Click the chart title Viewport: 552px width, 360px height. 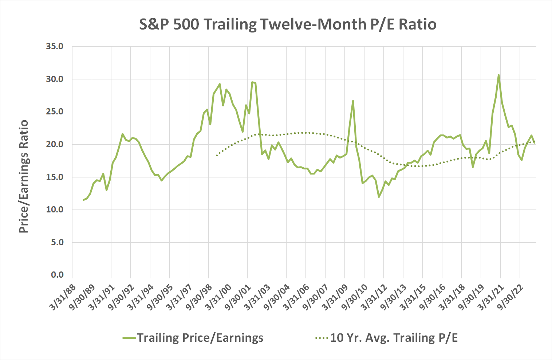pyautogui.click(x=288, y=25)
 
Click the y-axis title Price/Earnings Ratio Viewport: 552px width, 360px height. pyautogui.click(x=24, y=176)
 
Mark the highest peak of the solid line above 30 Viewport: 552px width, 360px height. pyautogui.click(x=498, y=75)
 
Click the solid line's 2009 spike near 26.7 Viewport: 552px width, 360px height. pyautogui.click(x=353, y=101)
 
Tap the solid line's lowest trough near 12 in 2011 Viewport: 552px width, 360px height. pyautogui.click(x=379, y=197)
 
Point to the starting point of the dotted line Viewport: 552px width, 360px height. pyautogui.click(x=217, y=156)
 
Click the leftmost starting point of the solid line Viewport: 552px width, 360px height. pyautogui.click(x=84, y=200)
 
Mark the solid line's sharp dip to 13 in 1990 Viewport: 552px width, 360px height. pyautogui.click(x=106, y=190)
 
